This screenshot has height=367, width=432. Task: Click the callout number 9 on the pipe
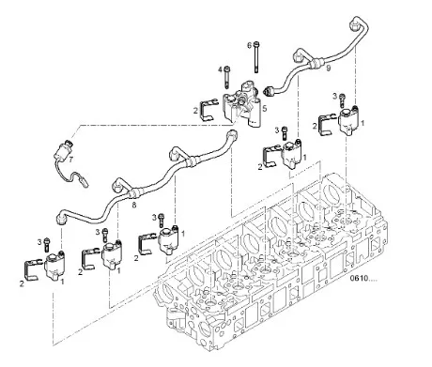(328, 68)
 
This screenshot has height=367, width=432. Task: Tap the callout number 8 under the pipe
(134, 205)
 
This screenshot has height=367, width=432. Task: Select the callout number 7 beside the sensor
(71, 160)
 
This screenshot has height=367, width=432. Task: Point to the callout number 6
(249, 46)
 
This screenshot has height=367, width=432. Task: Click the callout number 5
(265, 109)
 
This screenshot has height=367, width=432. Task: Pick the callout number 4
(220, 69)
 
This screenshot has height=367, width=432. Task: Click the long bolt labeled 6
(256, 57)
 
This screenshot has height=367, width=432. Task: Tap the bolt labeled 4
(227, 77)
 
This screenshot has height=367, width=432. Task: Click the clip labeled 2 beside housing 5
(208, 109)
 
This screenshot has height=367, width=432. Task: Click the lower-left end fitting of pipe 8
(61, 218)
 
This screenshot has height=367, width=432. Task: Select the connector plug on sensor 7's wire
(84, 182)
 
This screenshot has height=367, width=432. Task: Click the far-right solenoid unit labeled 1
(348, 120)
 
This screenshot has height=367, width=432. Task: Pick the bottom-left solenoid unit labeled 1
(55, 265)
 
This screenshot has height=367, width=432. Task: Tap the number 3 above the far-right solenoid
(334, 96)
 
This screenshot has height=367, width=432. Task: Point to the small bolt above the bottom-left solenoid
(47, 244)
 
